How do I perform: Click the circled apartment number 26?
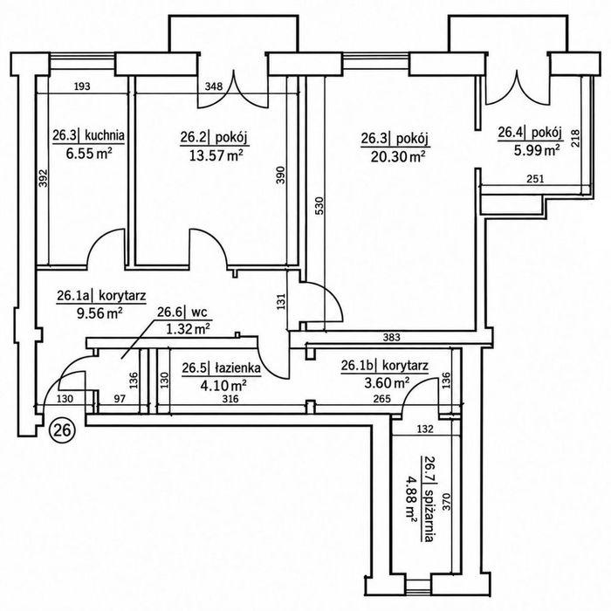click(x=62, y=429)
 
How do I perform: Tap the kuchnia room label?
click(x=105, y=135)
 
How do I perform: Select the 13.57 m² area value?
click(x=216, y=155)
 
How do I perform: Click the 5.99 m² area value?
click(x=537, y=150)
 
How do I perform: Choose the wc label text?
click(x=199, y=312)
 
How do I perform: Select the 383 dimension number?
click(x=391, y=338)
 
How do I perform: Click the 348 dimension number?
click(x=214, y=86)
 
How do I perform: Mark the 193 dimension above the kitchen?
click(x=82, y=86)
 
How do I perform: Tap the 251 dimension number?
click(x=535, y=179)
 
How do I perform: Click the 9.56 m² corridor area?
click(x=100, y=312)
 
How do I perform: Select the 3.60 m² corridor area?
click(x=387, y=382)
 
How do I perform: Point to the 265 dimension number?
click(x=382, y=399)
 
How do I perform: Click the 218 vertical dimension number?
click(x=575, y=138)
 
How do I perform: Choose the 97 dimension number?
click(x=120, y=399)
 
